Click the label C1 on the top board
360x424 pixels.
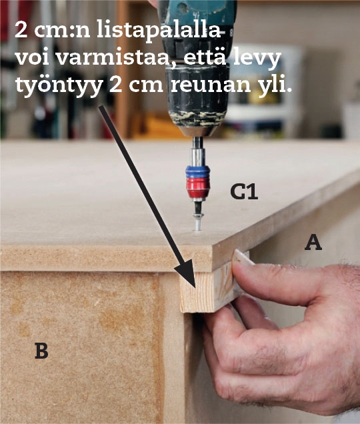(x=244, y=192)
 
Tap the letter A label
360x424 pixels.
(x=313, y=242)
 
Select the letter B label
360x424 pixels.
(x=41, y=351)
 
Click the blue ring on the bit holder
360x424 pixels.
(x=198, y=172)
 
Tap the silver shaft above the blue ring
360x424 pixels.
(x=198, y=153)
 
